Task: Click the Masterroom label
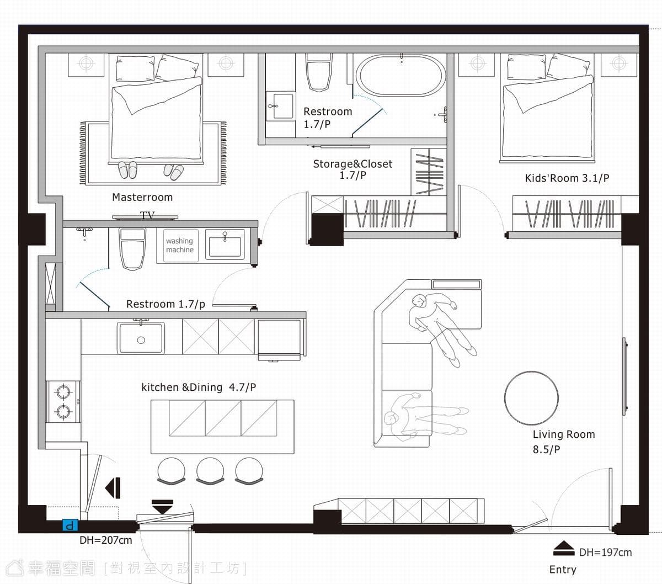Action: pos(142,197)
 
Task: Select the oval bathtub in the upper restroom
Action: pos(401,76)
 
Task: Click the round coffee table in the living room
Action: pos(531,398)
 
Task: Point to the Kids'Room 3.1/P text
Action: pos(567,178)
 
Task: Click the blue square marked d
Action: pos(70,525)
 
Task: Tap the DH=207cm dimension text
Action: pos(105,540)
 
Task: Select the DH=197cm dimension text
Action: pos(606,553)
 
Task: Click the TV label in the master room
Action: pos(147,215)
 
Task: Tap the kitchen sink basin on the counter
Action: pos(141,338)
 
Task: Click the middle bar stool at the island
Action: pos(210,471)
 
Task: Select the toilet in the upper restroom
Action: pos(319,72)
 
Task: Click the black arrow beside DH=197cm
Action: pos(564,548)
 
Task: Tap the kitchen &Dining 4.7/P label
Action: pos(199,387)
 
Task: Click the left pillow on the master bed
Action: pos(135,68)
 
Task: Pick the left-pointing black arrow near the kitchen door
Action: pos(113,488)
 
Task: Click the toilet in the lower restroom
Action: pos(132,249)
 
